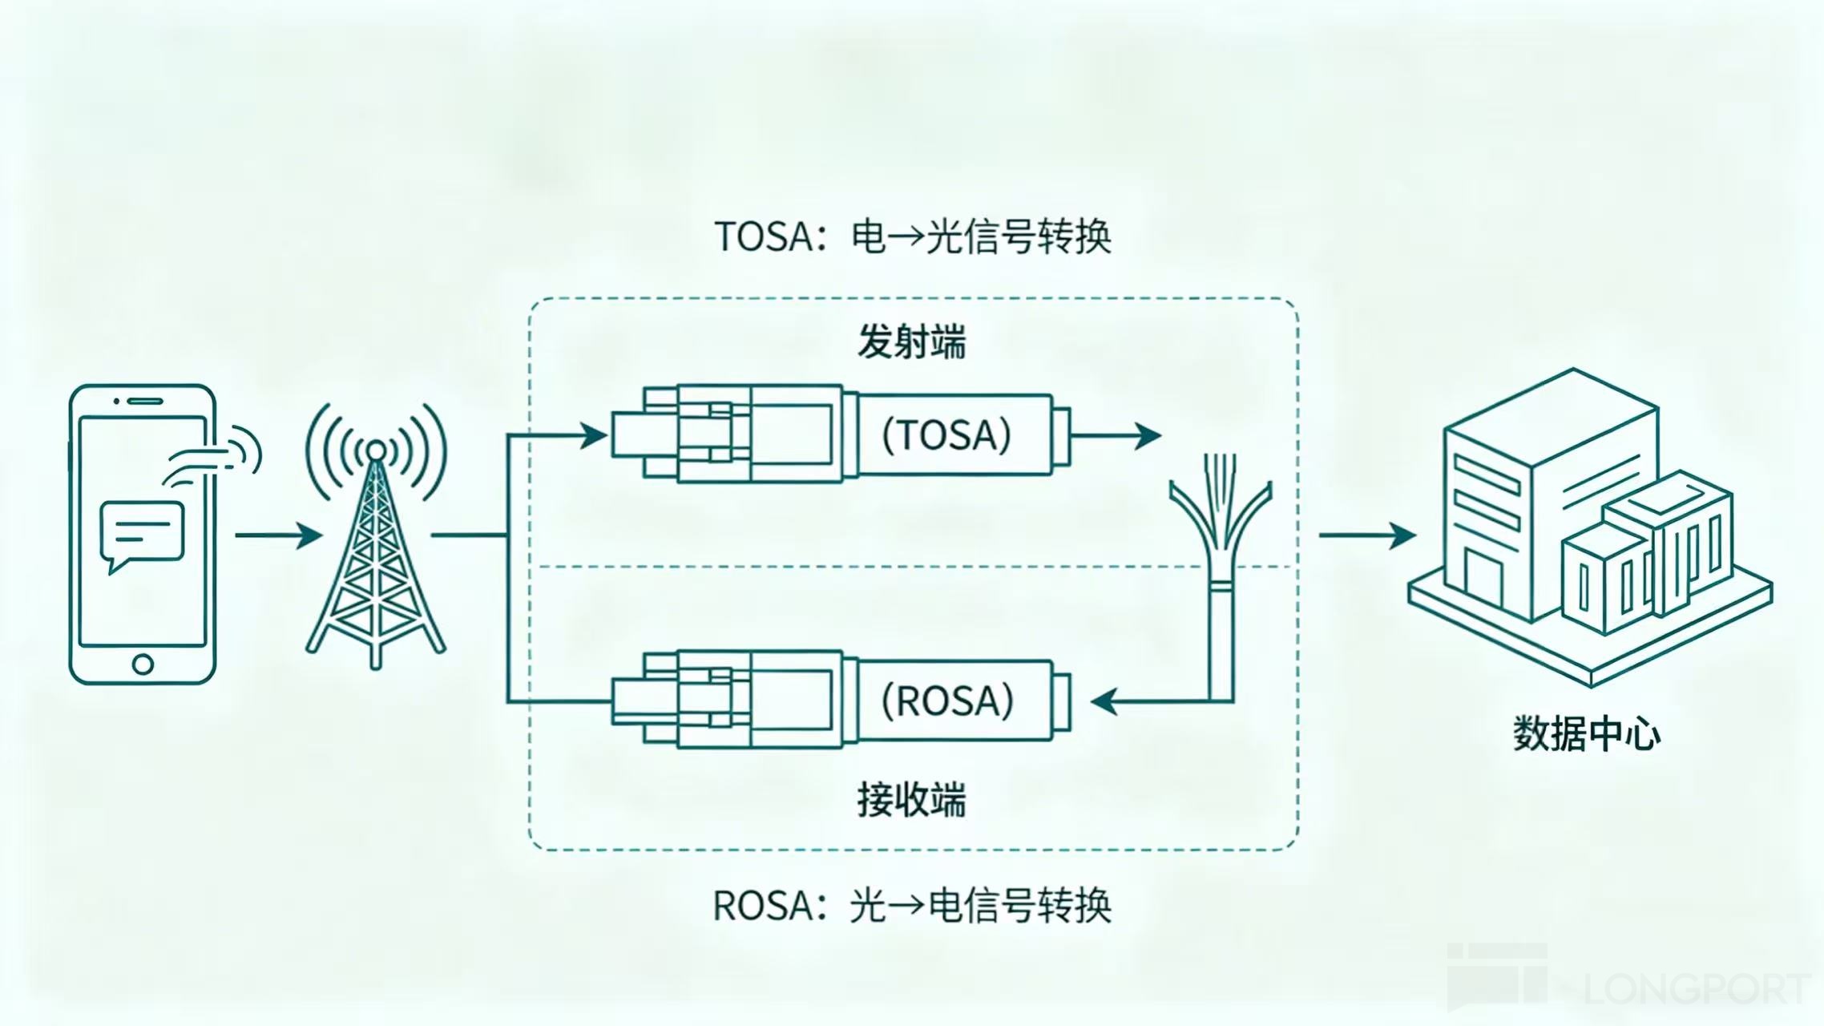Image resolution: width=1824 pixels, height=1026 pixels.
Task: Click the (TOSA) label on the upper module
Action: click(946, 435)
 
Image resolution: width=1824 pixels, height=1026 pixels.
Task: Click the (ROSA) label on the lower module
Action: click(947, 701)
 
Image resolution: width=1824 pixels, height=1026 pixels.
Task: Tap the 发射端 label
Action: click(912, 342)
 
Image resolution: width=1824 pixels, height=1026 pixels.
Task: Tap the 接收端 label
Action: click(912, 799)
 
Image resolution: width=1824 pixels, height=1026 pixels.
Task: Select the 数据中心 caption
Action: click(1587, 733)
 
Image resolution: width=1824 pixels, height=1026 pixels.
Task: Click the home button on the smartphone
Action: click(143, 664)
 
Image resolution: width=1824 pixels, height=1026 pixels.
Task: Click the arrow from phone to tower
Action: click(278, 535)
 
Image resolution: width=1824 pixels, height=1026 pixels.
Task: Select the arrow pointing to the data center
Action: click(1367, 535)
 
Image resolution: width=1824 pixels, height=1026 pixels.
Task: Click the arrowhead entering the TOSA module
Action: click(594, 436)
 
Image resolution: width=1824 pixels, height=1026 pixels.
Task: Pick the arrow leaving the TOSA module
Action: click(1116, 436)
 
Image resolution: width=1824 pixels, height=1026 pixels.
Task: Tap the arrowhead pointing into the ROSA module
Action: click(1105, 701)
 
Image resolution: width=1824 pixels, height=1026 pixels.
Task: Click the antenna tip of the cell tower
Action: click(375, 450)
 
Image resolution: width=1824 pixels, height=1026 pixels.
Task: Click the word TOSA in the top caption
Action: click(763, 236)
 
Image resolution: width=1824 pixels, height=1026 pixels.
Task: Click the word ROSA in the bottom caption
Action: click(762, 906)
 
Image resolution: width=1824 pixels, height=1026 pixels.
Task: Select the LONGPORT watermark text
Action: click(1697, 988)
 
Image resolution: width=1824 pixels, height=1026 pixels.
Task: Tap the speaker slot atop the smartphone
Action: click(145, 401)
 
